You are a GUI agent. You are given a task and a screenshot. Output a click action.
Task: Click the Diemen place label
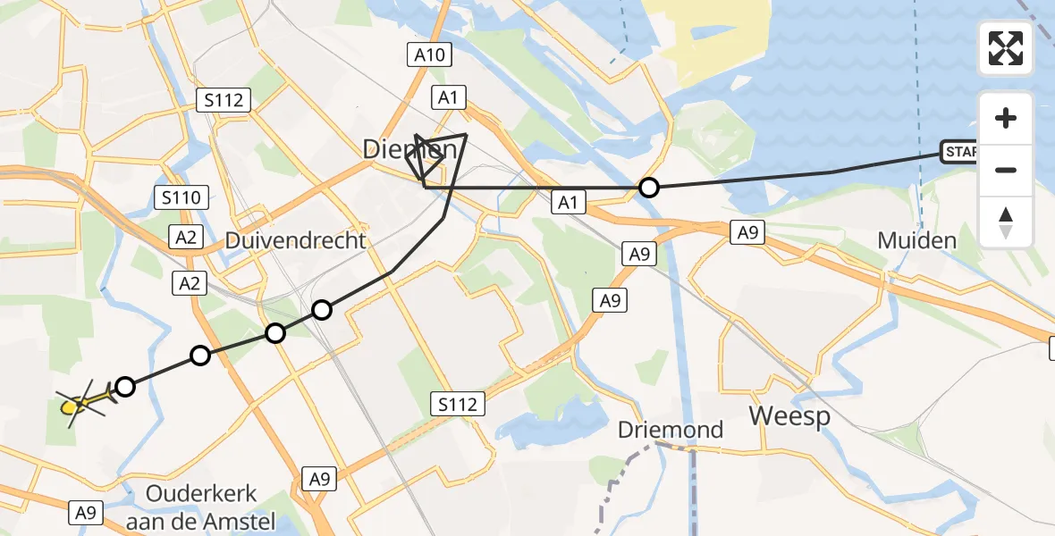(x=410, y=149)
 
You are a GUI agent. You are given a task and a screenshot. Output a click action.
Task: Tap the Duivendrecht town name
(x=295, y=240)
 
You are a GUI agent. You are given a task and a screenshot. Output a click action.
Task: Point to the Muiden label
(x=916, y=239)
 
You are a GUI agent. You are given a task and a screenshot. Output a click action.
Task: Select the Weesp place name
(x=789, y=415)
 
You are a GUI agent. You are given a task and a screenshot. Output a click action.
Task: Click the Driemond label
(x=671, y=430)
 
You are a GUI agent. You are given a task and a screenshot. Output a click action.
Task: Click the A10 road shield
(x=430, y=55)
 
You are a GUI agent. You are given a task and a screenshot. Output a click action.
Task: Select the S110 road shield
(x=181, y=197)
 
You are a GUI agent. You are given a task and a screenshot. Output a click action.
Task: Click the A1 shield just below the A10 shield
(x=449, y=97)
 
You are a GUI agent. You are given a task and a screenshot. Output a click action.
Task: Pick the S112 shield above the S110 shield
(x=224, y=100)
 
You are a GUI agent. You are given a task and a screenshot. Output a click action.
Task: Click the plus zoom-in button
(x=1006, y=118)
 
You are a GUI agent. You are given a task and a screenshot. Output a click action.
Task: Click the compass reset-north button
(x=1006, y=222)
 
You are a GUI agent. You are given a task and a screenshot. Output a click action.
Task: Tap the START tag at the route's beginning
(x=960, y=152)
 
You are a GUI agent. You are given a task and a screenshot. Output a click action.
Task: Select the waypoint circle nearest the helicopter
(x=125, y=387)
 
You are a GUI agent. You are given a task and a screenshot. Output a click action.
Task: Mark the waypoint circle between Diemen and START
(x=649, y=188)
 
